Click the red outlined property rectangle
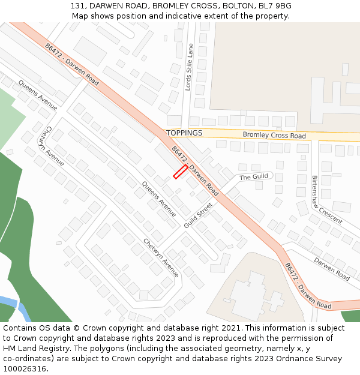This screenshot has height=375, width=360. (x=181, y=172)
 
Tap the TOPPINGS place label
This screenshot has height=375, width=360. (x=184, y=133)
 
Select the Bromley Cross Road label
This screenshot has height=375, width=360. (x=274, y=136)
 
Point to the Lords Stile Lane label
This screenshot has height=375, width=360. (x=190, y=67)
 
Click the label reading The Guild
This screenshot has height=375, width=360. (x=254, y=177)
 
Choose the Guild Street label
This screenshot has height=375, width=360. (x=199, y=215)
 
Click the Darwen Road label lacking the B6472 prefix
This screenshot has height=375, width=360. (x=332, y=269)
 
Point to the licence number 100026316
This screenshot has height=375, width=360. (x=25, y=369)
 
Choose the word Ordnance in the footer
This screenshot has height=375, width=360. (x=289, y=359)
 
